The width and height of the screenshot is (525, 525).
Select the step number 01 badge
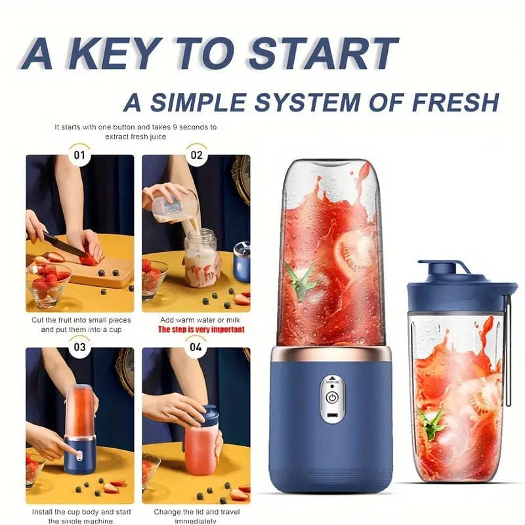tap(79, 156)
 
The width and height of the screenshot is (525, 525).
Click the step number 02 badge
tap(196, 156)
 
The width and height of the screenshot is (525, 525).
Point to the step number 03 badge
tap(79, 346)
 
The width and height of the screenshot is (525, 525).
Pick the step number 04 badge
tap(196, 346)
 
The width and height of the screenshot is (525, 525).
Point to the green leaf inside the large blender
tap(300, 288)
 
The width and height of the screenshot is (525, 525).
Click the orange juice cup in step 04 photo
tap(199, 450)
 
